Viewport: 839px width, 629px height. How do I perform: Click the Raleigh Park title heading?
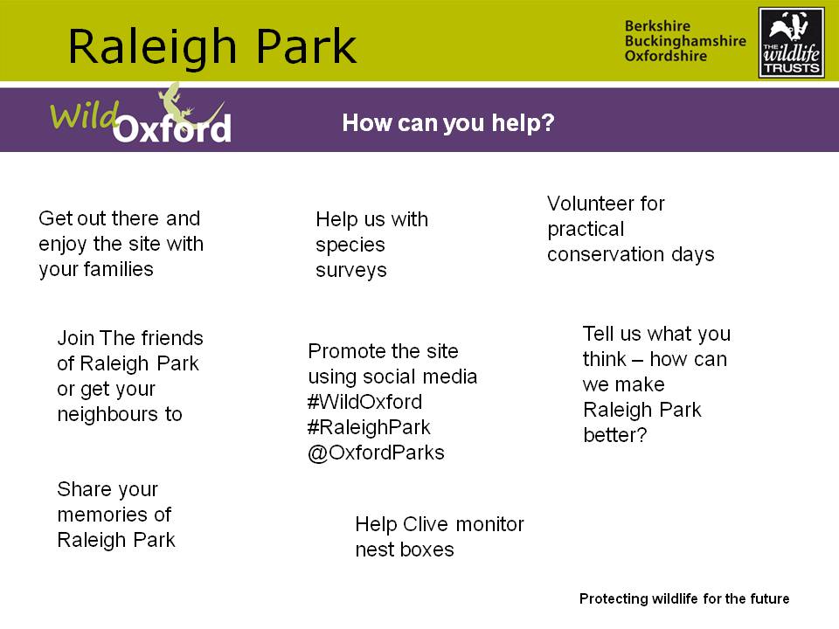coord(211,47)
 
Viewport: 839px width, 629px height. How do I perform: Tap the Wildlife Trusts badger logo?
coord(792,43)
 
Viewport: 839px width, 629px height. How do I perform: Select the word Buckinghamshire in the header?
coord(685,41)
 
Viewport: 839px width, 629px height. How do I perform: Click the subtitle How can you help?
coord(448,123)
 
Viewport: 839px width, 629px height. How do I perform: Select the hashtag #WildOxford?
coord(365,402)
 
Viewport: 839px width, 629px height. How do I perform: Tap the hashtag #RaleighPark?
coord(369,427)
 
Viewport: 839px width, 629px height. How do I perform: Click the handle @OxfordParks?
coord(376,453)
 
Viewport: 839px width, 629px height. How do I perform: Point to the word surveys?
coord(351,271)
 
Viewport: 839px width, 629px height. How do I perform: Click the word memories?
coord(103,515)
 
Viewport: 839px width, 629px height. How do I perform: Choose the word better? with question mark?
coord(614,435)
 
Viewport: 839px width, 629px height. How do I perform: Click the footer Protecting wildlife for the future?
coord(684,598)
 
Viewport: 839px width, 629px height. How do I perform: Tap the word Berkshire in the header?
coord(657,25)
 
